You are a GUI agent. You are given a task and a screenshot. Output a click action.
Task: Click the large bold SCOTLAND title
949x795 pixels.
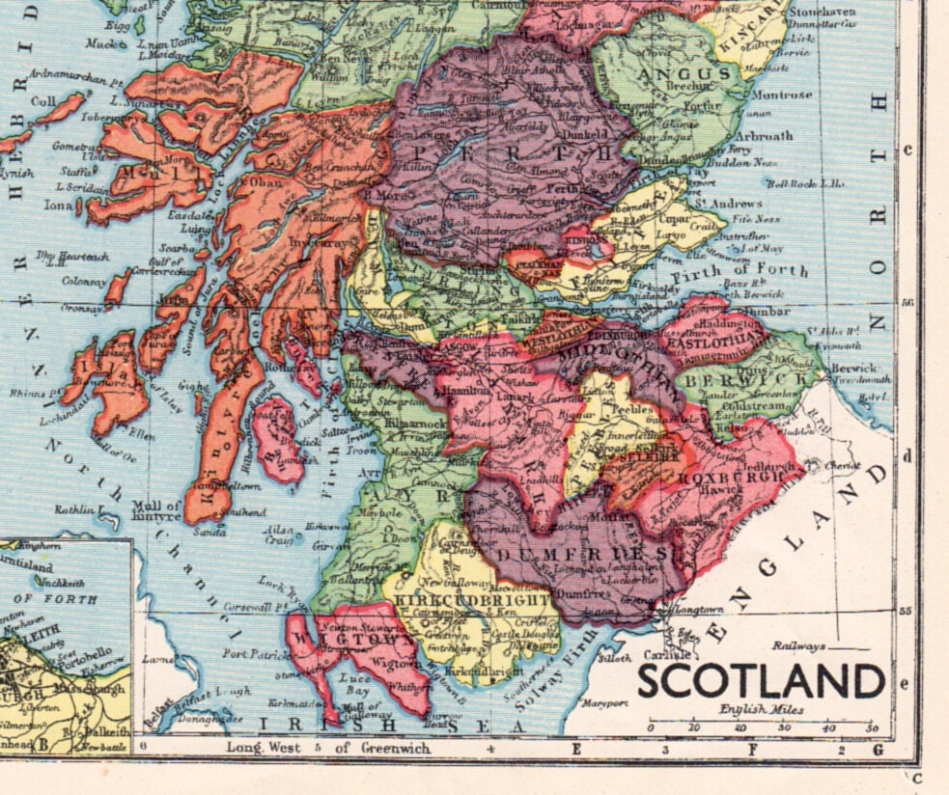tap(761, 681)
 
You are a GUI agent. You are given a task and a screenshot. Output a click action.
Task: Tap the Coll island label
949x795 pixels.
tap(43, 100)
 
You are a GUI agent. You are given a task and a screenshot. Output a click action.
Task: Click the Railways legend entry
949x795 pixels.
tap(798, 646)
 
